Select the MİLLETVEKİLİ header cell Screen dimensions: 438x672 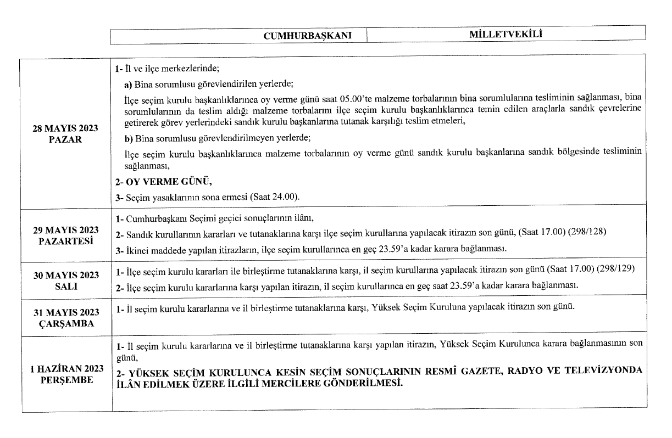click(x=506, y=35)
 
